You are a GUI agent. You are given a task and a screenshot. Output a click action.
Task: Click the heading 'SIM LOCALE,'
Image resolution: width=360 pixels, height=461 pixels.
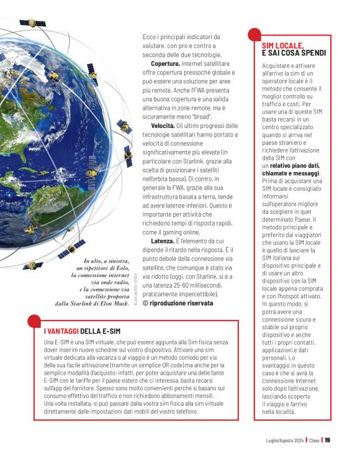tap(282, 46)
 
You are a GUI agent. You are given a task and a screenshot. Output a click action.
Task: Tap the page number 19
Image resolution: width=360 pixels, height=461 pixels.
tap(327, 440)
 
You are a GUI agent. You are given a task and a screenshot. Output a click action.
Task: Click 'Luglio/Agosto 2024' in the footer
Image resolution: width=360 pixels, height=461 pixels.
tap(282, 440)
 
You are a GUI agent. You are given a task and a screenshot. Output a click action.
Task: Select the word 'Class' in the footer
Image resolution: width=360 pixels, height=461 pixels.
tap(315, 440)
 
